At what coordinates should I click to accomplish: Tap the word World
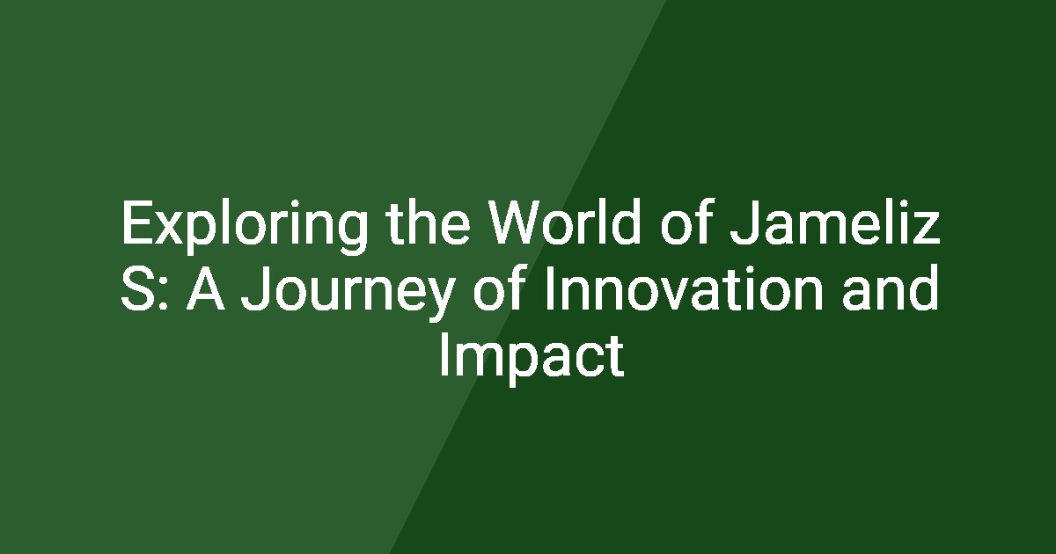[565, 222]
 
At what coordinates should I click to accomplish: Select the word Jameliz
[834, 222]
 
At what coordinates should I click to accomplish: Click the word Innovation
[684, 288]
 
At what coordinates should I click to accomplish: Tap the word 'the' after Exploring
[429, 222]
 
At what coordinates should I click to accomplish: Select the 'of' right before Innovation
[499, 288]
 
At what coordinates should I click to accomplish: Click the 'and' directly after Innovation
[890, 288]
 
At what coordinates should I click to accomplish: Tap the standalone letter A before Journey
[205, 288]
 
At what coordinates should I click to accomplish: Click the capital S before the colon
[138, 288]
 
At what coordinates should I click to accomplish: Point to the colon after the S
[164, 294]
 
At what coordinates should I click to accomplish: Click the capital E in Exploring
[137, 222]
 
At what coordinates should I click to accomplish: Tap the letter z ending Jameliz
[927, 228]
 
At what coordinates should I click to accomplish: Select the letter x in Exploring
[170, 228]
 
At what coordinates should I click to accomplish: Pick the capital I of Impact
[444, 354]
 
